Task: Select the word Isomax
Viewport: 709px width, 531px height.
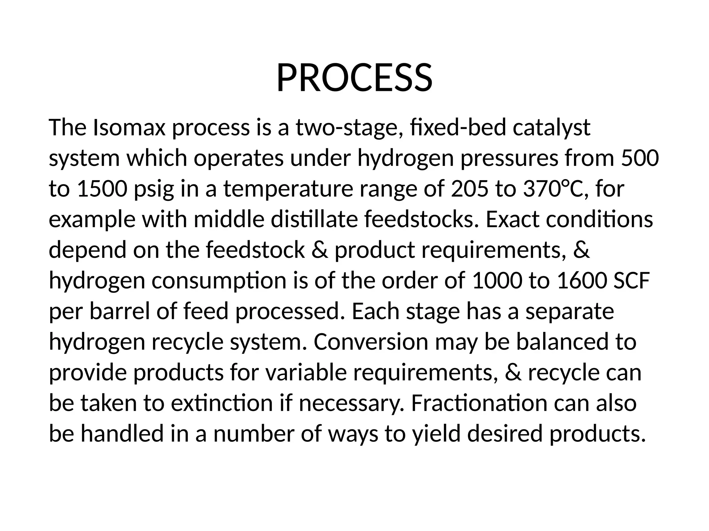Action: click(x=129, y=128)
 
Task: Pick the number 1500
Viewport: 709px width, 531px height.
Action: click(x=102, y=189)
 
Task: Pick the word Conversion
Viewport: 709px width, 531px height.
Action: click(x=371, y=342)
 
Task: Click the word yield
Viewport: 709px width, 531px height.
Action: click(x=436, y=434)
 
